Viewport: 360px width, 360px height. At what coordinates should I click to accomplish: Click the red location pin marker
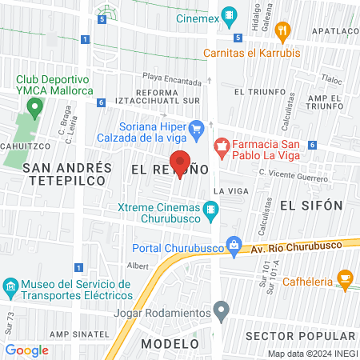tap(180, 162)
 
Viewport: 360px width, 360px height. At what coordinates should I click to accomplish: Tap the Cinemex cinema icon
tap(230, 14)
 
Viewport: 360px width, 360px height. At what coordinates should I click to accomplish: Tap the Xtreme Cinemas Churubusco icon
tap(211, 211)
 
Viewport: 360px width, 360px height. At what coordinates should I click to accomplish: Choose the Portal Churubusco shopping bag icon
tap(234, 245)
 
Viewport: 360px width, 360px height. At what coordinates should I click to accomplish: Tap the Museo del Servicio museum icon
tap(10, 286)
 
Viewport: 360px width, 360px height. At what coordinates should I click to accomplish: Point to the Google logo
tap(27, 350)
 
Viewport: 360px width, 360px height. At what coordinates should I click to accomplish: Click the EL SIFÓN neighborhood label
tap(311, 206)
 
